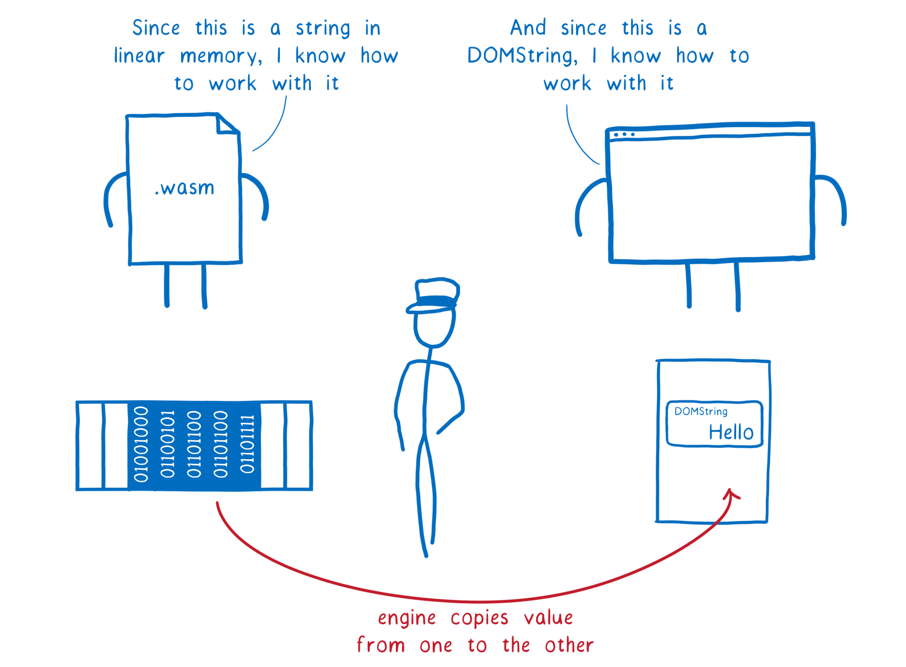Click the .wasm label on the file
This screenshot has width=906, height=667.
[185, 188]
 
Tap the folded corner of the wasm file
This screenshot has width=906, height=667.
[226, 125]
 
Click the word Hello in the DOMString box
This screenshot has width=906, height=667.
[731, 432]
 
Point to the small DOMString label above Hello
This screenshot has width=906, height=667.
[701, 411]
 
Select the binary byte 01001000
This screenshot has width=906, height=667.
[141, 444]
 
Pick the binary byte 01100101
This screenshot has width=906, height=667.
[168, 444]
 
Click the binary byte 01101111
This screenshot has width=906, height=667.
[247, 444]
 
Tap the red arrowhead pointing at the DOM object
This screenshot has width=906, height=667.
[731, 494]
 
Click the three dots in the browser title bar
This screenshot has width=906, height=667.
[624, 134]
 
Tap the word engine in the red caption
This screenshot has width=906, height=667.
[407, 618]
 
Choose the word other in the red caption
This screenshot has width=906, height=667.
[569, 645]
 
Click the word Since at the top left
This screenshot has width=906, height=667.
[156, 28]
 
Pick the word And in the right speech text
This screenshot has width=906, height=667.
[528, 28]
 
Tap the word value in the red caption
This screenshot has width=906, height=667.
[548, 617]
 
